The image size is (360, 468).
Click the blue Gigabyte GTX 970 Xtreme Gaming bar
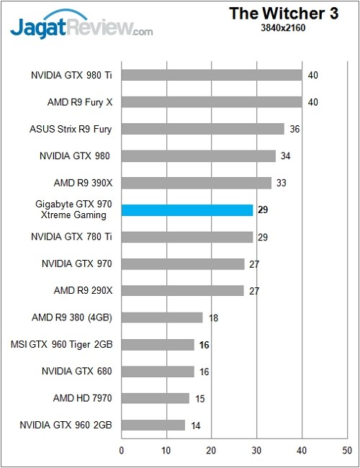coord(187,210)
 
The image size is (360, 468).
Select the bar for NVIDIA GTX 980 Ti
coord(212,75)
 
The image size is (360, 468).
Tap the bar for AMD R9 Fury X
coord(212,102)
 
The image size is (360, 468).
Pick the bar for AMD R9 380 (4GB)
coord(162,318)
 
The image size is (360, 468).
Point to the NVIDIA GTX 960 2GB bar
coord(153,425)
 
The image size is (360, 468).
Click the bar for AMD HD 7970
coord(155,398)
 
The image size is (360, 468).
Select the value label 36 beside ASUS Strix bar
coord(294,130)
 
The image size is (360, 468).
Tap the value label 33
coord(281,183)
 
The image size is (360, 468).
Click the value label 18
coord(213,318)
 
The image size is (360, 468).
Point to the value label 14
coord(195,426)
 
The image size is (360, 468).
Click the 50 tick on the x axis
coord(347,452)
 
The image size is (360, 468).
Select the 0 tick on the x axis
coord(122,452)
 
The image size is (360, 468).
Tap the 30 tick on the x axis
coord(257,452)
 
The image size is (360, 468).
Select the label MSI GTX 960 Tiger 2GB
coord(62,345)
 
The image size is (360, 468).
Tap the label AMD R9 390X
coord(84,183)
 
